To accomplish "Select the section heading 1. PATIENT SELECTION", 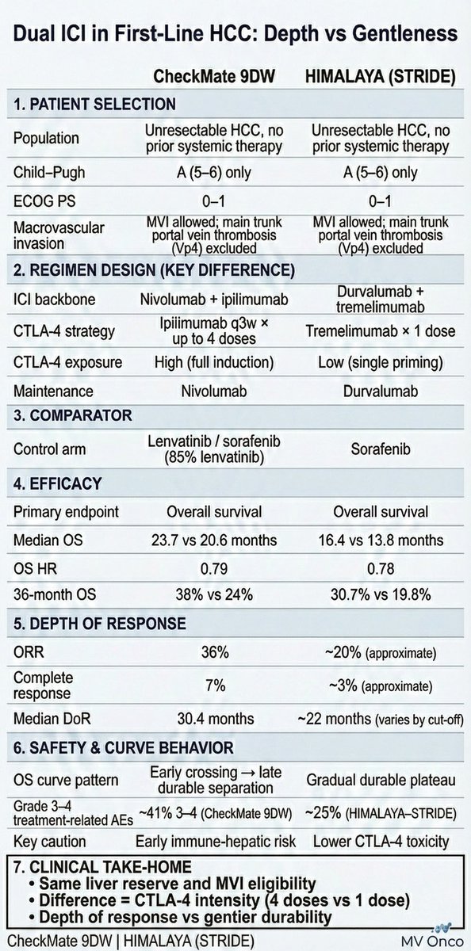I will point(95,105).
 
